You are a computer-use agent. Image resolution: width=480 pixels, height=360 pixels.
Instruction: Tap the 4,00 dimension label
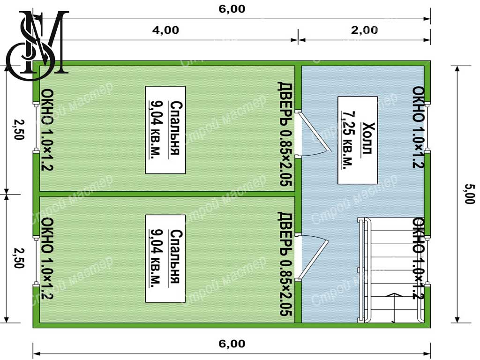(165, 30)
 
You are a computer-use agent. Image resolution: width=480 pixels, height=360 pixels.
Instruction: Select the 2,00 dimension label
(364, 30)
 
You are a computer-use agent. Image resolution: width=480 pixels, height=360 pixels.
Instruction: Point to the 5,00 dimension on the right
(470, 194)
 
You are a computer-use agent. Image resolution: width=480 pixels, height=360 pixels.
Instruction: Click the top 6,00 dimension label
(232, 9)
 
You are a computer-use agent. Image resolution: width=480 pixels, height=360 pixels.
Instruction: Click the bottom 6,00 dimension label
(232, 344)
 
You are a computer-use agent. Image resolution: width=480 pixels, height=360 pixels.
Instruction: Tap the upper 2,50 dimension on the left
(19, 129)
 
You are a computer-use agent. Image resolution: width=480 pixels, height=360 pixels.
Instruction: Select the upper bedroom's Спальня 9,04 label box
(165, 130)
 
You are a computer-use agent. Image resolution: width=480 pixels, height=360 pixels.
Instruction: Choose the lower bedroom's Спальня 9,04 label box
(165, 259)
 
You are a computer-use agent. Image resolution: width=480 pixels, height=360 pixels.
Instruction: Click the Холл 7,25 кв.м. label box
(358, 140)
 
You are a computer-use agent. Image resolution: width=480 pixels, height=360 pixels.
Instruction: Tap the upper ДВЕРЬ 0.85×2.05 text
(285, 134)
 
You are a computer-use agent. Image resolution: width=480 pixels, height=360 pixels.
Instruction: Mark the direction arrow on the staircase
(394, 307)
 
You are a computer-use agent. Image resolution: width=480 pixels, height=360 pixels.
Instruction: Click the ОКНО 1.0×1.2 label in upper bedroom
(47, 129)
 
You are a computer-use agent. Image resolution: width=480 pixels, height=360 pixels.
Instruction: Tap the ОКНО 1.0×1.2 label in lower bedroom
(47, 258)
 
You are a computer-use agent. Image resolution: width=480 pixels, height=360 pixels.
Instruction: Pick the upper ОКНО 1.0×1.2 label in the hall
(418, 127)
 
